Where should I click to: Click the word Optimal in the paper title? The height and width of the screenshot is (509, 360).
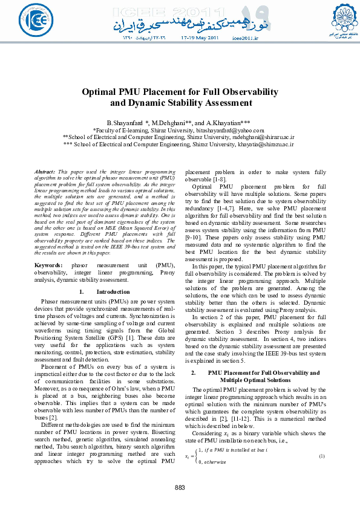pos(102,92)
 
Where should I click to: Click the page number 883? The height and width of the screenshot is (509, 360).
pos(180,488)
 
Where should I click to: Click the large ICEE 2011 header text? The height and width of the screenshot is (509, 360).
pos(180,12)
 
